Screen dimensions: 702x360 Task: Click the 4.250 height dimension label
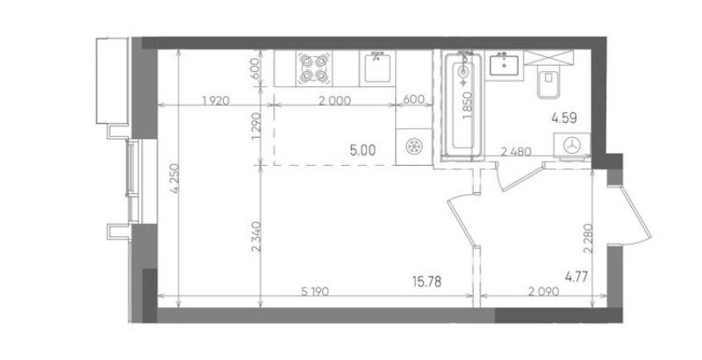point(175,179)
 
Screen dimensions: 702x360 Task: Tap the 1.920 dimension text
point(216,100)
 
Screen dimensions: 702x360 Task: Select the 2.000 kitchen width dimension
point(334,100)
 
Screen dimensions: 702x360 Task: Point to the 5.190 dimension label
point(315,292)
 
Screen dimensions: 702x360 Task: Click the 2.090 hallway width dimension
point(543,292)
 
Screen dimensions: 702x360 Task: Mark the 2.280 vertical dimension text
point(588,238)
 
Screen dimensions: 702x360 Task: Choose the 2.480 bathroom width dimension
point(516,152)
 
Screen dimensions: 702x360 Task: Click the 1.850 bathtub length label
point(468,105)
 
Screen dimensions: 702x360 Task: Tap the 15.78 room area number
point(426,281)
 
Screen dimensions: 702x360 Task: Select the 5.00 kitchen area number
point(362,150)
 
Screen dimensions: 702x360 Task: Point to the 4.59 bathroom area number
point(563,119)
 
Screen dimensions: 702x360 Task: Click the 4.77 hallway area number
point(577,277)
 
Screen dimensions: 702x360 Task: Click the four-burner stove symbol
point(313,68)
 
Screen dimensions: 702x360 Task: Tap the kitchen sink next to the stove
point(377,68)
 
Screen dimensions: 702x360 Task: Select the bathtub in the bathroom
point(463,105)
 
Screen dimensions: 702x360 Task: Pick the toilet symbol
point(548,83)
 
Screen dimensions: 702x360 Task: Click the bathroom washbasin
point(504,65)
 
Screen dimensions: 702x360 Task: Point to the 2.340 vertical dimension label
point(255,236)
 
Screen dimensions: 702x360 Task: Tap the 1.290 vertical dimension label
point(255,126)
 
